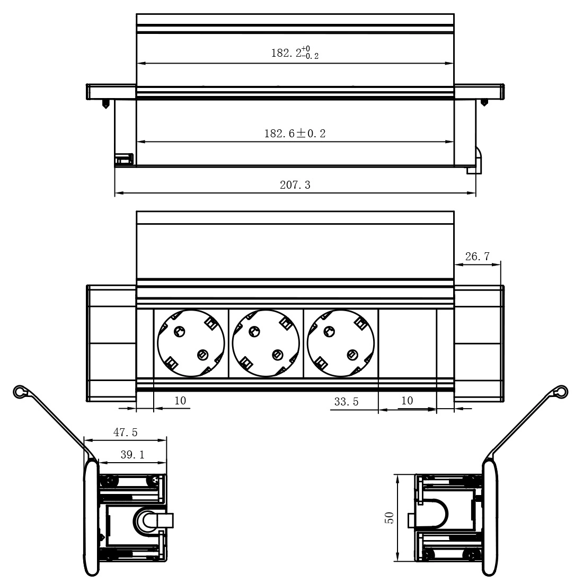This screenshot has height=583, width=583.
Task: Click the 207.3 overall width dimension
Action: point(295,185)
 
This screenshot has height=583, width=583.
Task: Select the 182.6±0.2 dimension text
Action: point(295,134)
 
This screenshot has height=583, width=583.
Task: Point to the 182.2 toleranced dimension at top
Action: point(295,53)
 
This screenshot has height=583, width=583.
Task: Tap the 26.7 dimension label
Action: point(478,256)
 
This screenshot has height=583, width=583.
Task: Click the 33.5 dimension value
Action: point(346,402)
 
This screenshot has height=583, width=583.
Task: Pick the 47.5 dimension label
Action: point(125,432)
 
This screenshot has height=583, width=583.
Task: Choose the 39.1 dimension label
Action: point(132,454)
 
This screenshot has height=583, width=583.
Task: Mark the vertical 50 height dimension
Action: point(390,518)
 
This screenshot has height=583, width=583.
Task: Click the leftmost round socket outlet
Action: point(191,343)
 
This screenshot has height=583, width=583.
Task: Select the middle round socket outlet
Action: point(266,343)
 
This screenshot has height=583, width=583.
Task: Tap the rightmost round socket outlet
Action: point(341,343)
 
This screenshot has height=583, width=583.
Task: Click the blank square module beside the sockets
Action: point(408,343)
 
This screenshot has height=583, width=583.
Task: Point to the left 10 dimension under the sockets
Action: point(180,401)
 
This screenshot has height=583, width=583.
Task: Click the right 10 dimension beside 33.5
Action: point(407,401)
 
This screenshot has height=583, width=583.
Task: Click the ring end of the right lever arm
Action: point(561,392)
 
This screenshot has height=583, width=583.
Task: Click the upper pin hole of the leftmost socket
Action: point(180,331)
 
